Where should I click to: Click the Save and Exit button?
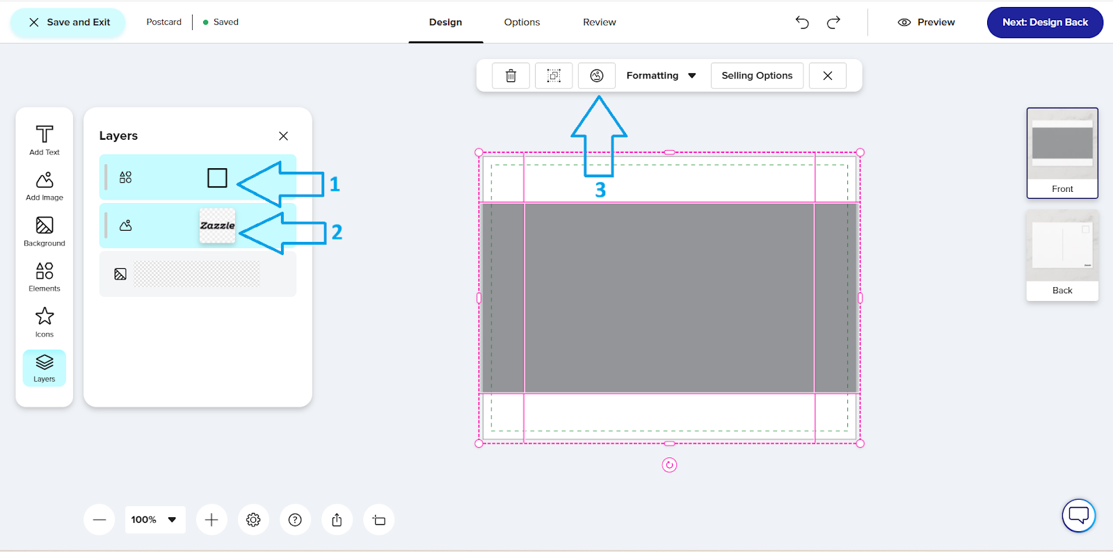pyautogui.click(x=68, y=22)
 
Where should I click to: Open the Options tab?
pyautogui.click(x=522, y=22)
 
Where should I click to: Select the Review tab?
pyautogui.click(x=599, y=22)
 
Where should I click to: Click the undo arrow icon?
pyautogui.click(x=802, y=22)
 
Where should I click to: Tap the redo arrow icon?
pyautogui.click(x=833, y=22)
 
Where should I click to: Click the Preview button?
pyautogui.click(x=926, y=22)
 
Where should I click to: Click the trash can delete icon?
pyautogui.click(x=511, y=76)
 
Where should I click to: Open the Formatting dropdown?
pyautogui.click(x=661, y=76)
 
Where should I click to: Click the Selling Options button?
pyautogui.click(x=757, y=76)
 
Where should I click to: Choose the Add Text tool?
pyautogui.click(x=45, y=140)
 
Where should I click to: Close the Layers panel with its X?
pyautogui.click(x=283, y=136)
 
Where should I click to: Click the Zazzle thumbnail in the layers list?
pyautogui.click(x=217, y=226)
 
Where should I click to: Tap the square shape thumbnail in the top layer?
pyautogui.click(x=217, y=178)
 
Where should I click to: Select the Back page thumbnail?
pyautogui.click(x=1062, y=255)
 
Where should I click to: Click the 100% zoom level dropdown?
pyautogui.click(x=154, y=520)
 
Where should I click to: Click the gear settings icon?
pyautogui.click(x=253, y=520)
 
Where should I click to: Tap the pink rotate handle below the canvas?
pyautogui.click(x=669, y=465)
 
